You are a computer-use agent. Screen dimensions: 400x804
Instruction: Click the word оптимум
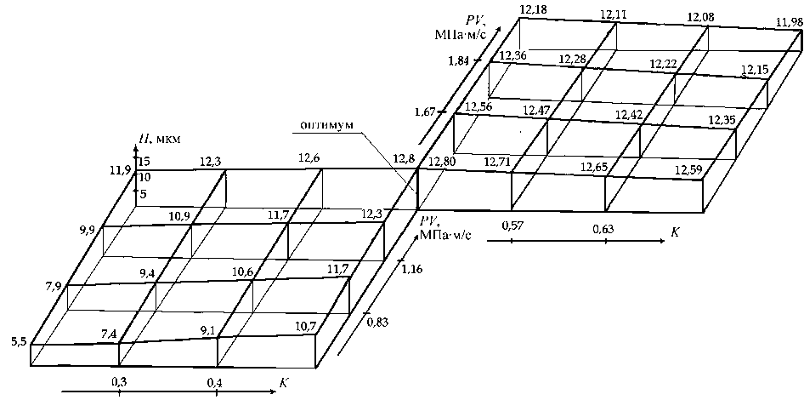pyautogui.click(x=326, y=126)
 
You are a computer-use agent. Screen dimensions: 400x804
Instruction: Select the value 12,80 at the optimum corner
pyautogui.click(x=441, y=163)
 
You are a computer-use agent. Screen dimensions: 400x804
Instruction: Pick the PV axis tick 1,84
pyautogui.click(x=459, y=61)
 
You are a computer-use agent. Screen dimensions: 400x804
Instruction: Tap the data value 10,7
pyautogui.click(x=307, y=325)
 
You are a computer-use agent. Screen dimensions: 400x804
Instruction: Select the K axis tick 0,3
pyautogui.click(x=119, y=382)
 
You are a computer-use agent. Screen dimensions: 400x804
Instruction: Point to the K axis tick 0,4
pyautogui.click(x=214, y=382)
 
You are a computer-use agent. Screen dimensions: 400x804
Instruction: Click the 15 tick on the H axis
pyautogui.click(x=144, y=161)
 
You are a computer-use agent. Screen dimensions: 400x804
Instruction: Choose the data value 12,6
pyautogui.click(x=309, y=157)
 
